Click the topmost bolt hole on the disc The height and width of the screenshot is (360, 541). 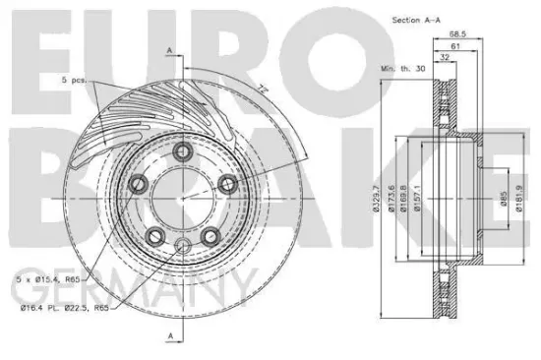pyautogui.click(x=184, y=152)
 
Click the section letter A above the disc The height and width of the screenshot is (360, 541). pyautogui.click(x=169, y=51)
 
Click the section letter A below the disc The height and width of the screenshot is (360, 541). pyautogui.click(x=169, y=337)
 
